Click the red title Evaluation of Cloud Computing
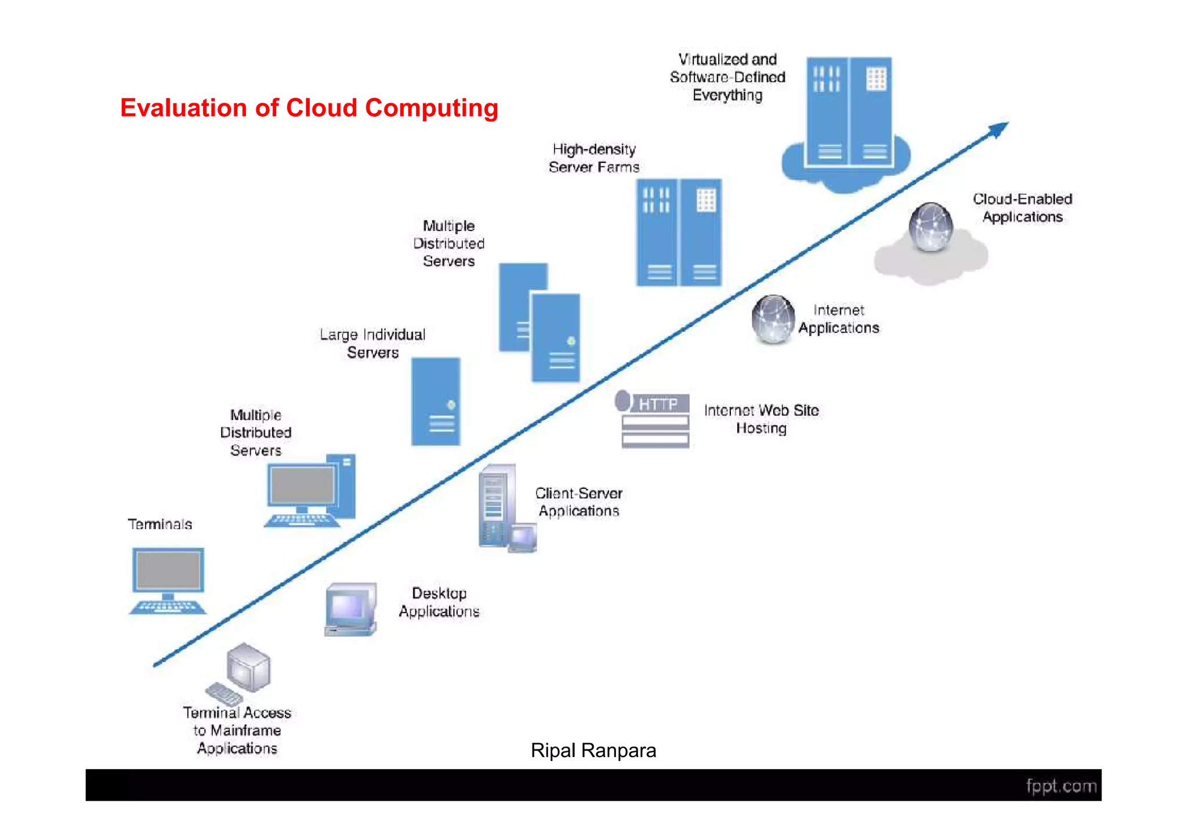click(x=309, y=108)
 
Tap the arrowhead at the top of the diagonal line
click(x=999, y=129)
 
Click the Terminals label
click(x=160, y=524)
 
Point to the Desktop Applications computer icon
click(x=350, y=609)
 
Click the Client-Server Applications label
click(x=578, y=502)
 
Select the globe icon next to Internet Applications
click(x=773, y=319)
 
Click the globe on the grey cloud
click(x=930, y=227)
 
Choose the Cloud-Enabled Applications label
click(x=1022, y=208)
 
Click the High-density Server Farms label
click(x=593, y=158)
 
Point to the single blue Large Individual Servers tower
click(x=436, y=401)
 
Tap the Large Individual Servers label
click(x=372, y=343)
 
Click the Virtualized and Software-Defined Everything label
click(x=727, y=77)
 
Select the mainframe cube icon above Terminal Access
click(x=248, y=667)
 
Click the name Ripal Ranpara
click(x=593, y=751)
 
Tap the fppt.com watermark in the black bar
click(x=1060, y=786)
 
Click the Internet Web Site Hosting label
click(x=761, y=419)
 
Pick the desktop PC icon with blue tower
click(x=311, y=491)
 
